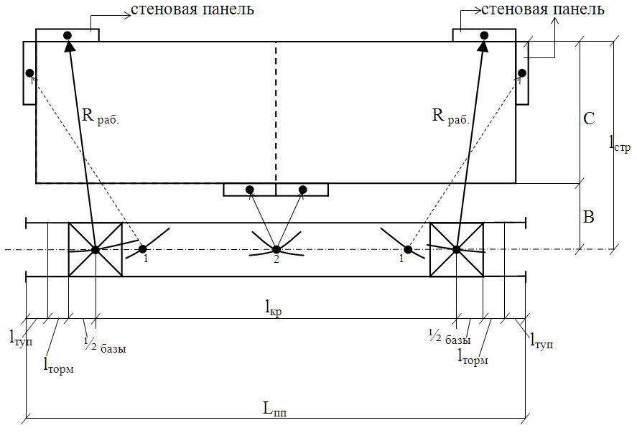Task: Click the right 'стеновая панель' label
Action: click(x=542, y=10)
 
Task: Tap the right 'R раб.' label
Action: click(x=450, y=116)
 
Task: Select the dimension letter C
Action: click(x=589, y=118)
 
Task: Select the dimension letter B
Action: click(x=588, y=217)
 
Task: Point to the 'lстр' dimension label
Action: click(x=620, y=145)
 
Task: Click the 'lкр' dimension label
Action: click(x=272, y=309)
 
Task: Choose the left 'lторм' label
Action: click(x=59, y=367)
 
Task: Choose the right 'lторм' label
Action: click(x=473, y=355)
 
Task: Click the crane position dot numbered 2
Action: click(x=276, y=249)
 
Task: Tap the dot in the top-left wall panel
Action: click(x=68, y=35)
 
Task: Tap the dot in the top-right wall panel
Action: click(x=484, y=35)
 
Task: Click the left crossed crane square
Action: click(x=95, y=249)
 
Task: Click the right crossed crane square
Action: click(x=457, y=249)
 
